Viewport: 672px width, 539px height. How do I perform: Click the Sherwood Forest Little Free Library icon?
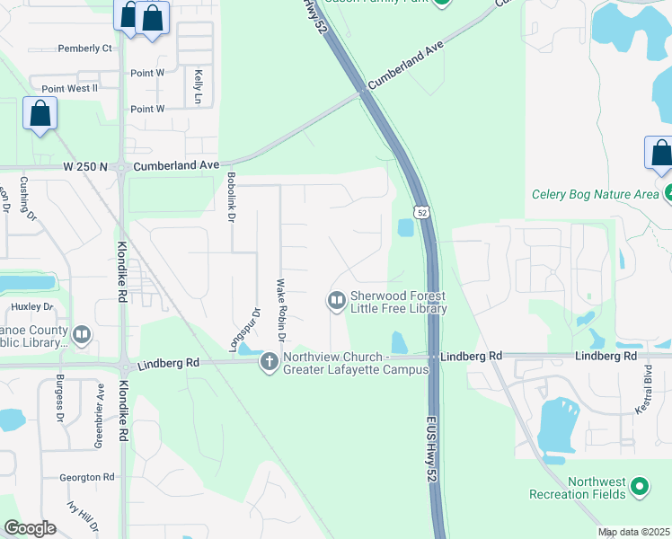click(x=337, y=300)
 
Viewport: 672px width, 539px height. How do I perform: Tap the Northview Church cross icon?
click(x=268, y=363)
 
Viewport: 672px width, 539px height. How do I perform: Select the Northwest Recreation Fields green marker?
click(x=639, y=487)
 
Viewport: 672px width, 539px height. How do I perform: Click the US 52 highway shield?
click(x=420, y=211)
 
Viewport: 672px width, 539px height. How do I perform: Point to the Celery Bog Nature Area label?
click(x=595, y=193)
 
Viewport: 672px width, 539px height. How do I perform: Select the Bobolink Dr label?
click(x=231, y=198)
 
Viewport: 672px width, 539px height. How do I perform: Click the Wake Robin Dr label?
click(x=280, y=311)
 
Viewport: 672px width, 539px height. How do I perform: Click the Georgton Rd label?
click(x=87, y=477)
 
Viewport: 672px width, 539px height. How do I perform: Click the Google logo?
click(x=31, y=528)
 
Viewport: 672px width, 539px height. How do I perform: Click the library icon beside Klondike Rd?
click(x=82, y=336)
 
